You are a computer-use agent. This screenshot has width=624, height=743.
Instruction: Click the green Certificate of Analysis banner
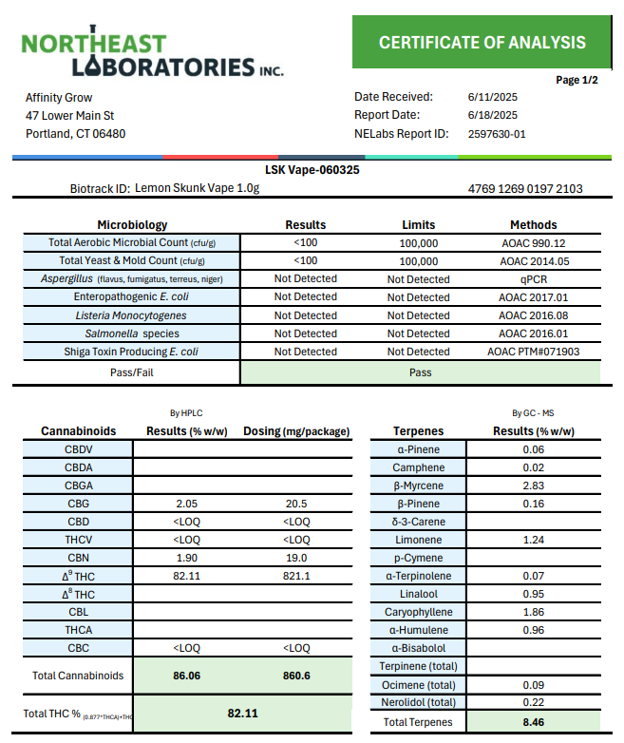[482, 43]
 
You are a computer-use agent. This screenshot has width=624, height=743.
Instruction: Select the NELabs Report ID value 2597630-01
[497, 134]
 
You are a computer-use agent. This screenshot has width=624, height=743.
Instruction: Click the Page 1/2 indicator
[577, 80]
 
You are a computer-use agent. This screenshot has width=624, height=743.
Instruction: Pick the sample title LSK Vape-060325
[311, 170]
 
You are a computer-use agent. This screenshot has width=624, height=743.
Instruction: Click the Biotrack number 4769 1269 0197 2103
[525, 189]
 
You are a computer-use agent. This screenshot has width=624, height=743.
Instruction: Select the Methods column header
[533, 225]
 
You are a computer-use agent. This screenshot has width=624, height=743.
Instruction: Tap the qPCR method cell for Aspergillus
[534, 279]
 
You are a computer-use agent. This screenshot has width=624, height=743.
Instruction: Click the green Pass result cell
[420, 373]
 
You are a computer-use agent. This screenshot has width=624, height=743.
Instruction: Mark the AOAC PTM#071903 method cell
[534, 352]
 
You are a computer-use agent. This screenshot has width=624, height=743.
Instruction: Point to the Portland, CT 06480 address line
[76, 134]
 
